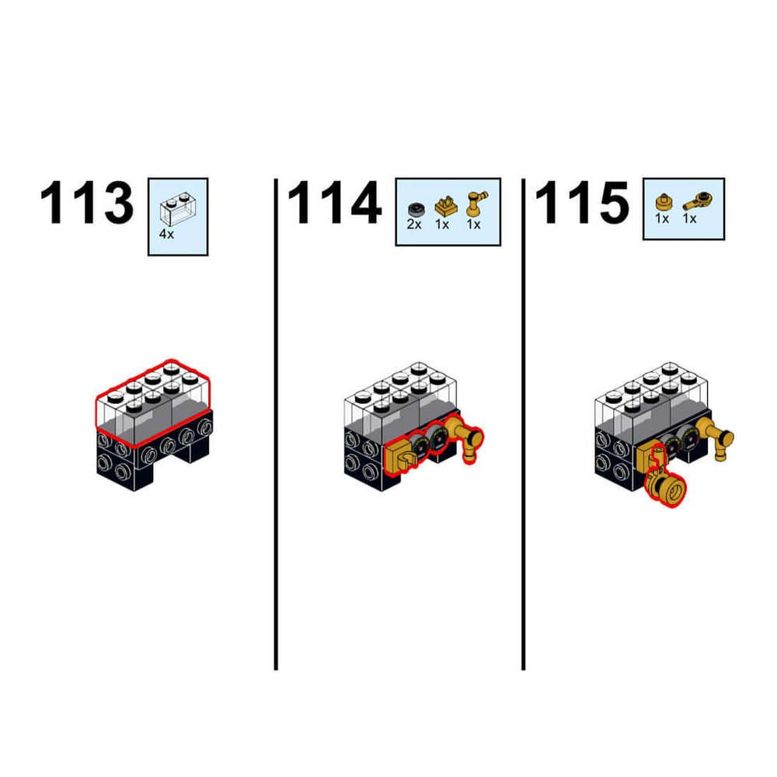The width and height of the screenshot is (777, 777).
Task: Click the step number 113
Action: coord(86,202)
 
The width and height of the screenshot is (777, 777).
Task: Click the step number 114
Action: coord(334,202)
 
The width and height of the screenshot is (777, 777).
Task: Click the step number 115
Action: coord(581,202)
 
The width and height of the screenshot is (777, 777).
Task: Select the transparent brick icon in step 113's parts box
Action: coord(176,208)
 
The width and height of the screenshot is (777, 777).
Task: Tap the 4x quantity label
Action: coord(166,234)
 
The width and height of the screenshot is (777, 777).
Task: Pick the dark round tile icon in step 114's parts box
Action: coord(415,210)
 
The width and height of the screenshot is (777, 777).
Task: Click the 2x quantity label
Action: coord(414,225)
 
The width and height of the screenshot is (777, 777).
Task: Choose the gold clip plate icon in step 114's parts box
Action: coord(446,205)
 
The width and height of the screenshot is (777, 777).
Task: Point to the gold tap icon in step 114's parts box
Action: coord(476,203)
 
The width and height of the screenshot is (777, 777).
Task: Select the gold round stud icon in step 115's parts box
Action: coord(663,203)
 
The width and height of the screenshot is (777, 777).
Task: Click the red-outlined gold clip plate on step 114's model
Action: coord(399,458)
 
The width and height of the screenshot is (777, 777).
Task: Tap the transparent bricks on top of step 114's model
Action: coord(400,396)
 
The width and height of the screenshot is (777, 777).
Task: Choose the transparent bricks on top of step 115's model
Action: coord(651,396)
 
